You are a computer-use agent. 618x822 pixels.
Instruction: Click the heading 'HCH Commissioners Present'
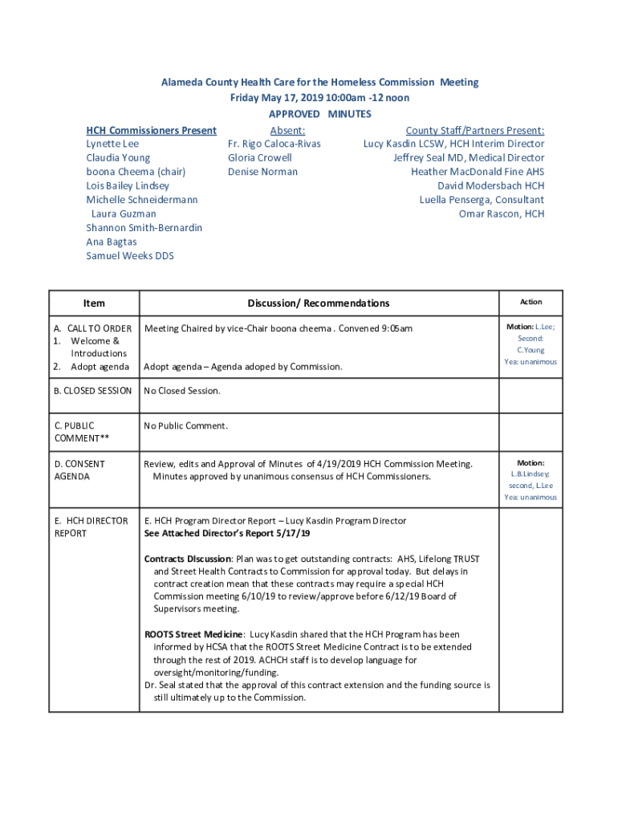pos(151,131)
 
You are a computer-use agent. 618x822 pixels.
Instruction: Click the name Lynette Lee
pos(112,144)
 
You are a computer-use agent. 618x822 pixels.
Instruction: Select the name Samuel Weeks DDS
pos(129,256)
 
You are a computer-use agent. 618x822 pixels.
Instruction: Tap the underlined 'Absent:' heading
pos(287,131)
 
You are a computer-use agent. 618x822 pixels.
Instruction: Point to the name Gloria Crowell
pos(259,158)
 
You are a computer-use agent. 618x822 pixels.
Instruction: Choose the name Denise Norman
pos(262,172)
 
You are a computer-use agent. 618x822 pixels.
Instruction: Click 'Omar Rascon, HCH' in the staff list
pos(501,214)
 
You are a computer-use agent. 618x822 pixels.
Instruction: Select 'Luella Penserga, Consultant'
pos(481,200)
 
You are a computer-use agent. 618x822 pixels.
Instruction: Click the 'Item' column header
pos(94,303)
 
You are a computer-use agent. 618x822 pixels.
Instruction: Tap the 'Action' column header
pos(531,302)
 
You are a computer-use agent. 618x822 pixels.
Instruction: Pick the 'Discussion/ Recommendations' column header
pos(319,303)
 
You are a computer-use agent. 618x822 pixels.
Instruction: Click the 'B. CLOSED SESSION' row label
pos(93,391)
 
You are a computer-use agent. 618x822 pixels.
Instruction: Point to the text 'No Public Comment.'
pos(185,425)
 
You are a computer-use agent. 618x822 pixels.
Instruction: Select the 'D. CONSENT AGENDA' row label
pos(79,470)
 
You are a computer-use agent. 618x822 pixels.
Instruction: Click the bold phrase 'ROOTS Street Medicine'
pos(193,634)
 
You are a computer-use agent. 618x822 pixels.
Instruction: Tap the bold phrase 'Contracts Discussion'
pos(188,559)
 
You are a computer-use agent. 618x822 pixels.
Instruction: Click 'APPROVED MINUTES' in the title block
pos(319,114)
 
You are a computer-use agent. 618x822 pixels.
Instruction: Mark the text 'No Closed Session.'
pos(181,391)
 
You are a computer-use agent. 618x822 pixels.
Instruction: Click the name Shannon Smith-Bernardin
pos(144,228)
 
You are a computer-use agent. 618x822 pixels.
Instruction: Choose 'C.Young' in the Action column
pos(531,350)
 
